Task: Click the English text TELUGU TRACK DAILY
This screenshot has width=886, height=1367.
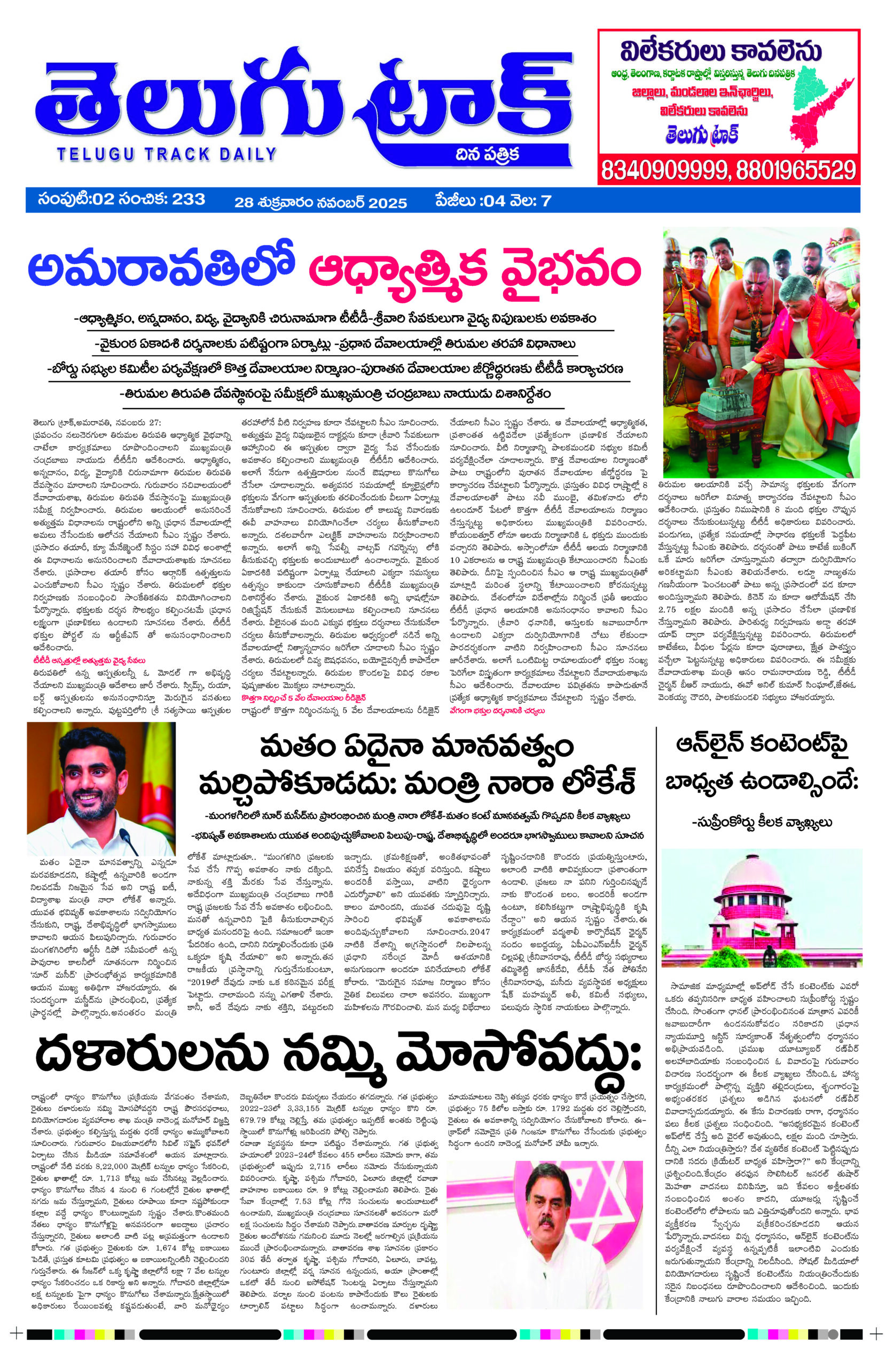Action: (x=166, y=153)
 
